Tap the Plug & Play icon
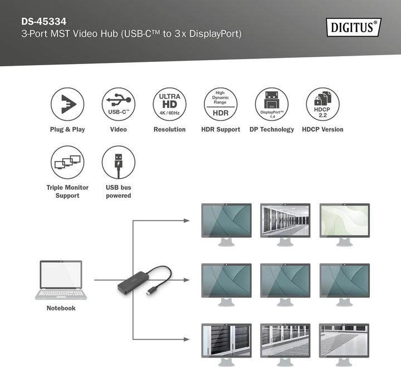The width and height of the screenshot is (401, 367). [x=67, y=104]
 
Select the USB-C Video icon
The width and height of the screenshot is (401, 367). [x=119, y=104]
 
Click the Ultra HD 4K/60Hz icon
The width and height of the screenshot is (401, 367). [x=169, y=104]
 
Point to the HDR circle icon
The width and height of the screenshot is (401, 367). [x=221, y=104]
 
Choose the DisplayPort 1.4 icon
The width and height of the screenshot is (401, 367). [x=272, y=104]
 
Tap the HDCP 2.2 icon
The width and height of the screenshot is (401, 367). [x=322, y=104]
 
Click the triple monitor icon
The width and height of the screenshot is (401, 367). [x=67, y=162]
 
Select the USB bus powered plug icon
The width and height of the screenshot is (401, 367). [x=119, y=162]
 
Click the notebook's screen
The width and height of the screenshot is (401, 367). [x=61, y=275]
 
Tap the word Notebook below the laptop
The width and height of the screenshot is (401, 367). [x=61, y=308]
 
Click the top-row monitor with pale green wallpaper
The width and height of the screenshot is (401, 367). [x=344, y=221]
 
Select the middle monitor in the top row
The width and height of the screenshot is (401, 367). [x=285, y=221]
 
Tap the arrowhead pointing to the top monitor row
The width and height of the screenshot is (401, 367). [x=187, y=221]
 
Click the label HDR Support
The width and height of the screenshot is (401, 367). [x=221, y=129]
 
